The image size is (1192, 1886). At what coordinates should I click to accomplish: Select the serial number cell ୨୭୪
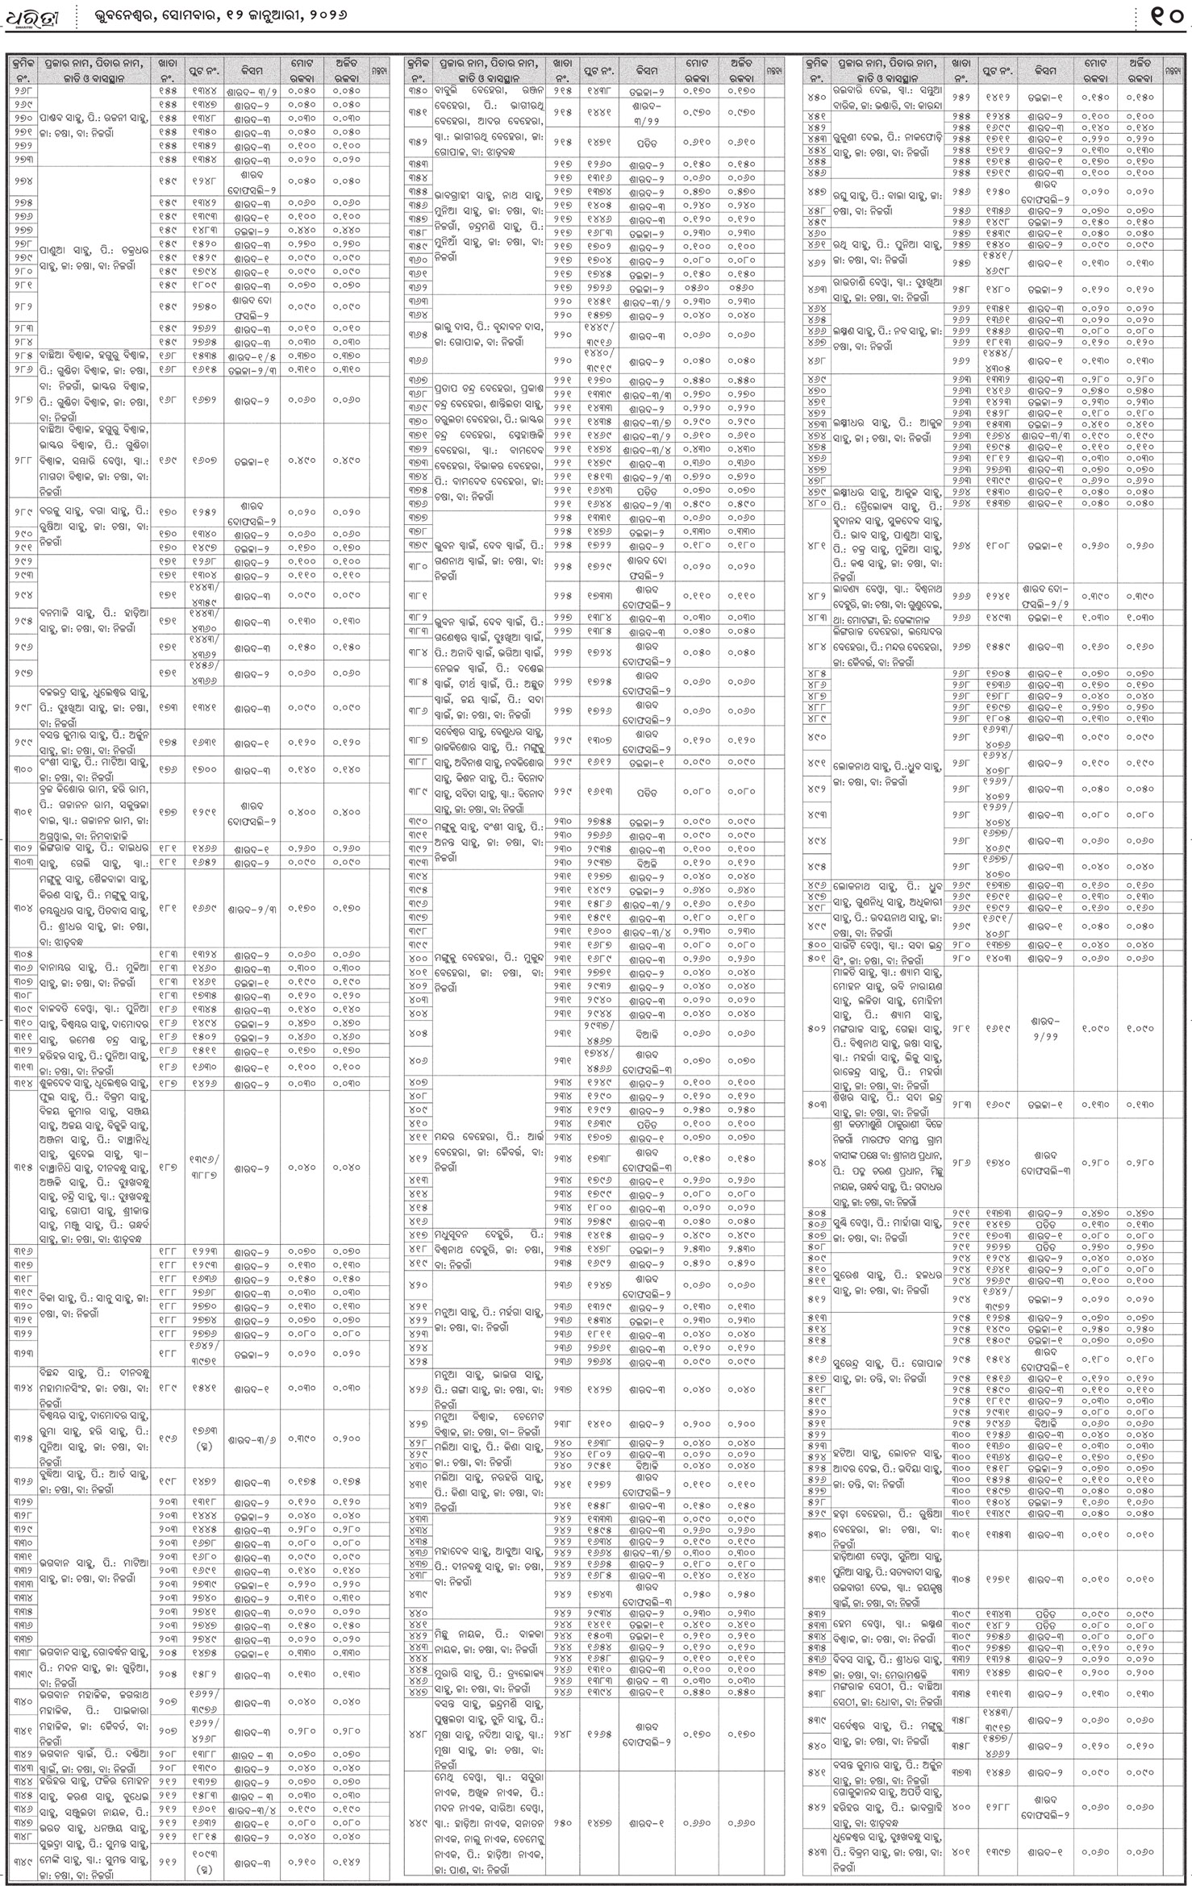tap(23, 181)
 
